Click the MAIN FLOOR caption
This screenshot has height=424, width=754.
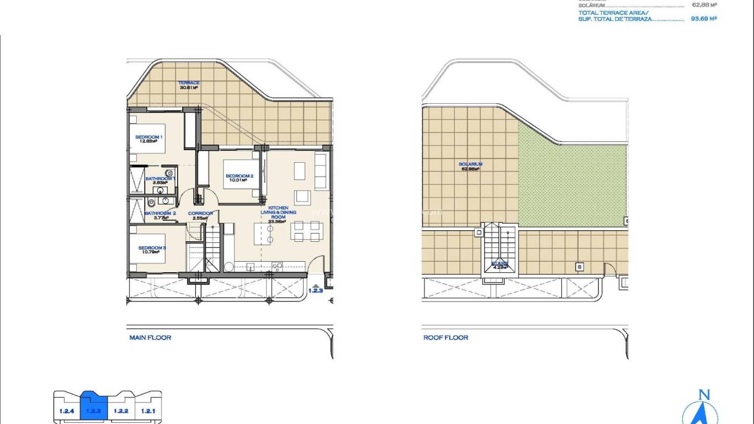coord(150,337)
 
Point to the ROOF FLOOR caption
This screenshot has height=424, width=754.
coord(445,337)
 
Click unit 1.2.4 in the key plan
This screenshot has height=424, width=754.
coord(67,411)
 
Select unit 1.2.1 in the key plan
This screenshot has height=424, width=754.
coord(148,411)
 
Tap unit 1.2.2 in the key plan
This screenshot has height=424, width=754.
coord(121,411)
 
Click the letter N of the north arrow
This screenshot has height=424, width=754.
coord(704,395)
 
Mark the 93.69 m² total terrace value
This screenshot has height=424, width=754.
coord(703,18)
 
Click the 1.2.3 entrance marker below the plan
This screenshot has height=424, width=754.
coord(315,289)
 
